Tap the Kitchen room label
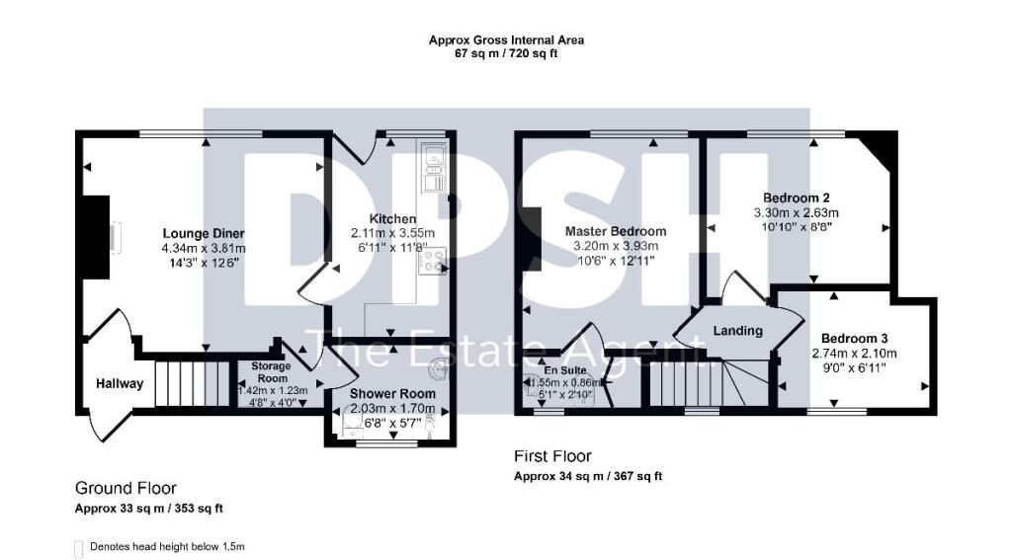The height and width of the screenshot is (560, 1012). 392,218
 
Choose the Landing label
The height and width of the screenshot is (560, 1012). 738,331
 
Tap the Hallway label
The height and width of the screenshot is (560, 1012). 120,384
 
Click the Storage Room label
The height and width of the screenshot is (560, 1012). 273,372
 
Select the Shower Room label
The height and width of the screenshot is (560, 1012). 392,393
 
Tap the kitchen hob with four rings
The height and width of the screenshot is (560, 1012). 433,260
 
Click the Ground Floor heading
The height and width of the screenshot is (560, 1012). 126,488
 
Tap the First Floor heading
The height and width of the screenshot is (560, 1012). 552,456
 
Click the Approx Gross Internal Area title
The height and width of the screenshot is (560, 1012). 506,40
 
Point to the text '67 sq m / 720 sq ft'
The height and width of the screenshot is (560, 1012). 506,54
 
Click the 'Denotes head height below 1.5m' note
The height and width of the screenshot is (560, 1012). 166,546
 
